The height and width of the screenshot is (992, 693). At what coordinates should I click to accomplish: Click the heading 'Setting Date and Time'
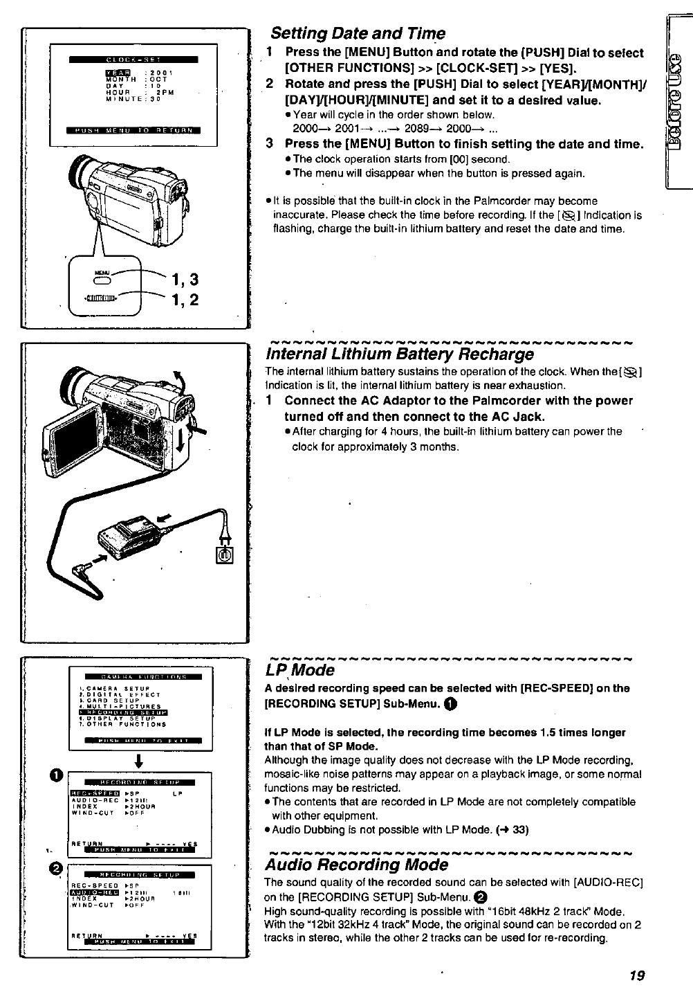coord(358,33)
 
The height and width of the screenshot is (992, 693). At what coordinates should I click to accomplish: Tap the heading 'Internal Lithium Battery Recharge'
coord(400,354)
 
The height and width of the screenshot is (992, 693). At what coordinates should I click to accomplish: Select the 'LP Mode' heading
coord(299,670)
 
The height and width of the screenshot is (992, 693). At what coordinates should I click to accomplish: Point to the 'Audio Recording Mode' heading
coord(357,865)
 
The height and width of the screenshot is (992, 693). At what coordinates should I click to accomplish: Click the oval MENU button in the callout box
coord(102,282)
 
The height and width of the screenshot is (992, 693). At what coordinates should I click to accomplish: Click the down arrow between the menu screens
coord(140,760)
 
